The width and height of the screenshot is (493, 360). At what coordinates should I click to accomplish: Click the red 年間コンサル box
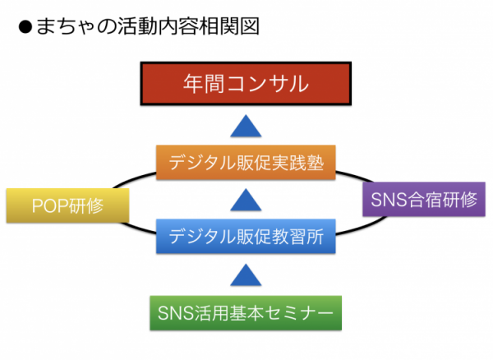click(246, 84)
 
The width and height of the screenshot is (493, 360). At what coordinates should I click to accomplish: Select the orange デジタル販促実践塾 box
click(246, 162)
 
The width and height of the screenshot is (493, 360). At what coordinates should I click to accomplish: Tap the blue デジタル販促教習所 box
click(246, 236)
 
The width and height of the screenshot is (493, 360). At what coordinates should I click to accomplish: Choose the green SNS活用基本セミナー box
click(246, 313)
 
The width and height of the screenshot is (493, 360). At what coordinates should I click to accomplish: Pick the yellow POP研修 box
click(68, 205)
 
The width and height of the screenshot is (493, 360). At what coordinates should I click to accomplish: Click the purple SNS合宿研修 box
click(424, 200)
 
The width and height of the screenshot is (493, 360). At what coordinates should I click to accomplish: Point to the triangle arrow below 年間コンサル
click(246, 126)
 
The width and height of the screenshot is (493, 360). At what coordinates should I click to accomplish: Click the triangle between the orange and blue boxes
click(246, 200)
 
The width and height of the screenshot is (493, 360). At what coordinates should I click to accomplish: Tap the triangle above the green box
click(246, 275)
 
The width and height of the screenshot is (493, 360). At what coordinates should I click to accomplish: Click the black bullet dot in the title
click(25, 27)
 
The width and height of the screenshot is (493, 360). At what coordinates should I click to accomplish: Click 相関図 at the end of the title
click(229, 25)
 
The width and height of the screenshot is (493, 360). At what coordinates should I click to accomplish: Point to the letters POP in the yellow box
click(50, 206)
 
